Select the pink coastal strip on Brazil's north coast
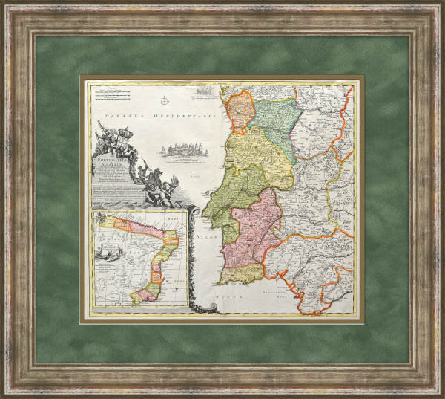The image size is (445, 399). (122, 221)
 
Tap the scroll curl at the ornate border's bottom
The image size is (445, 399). (195, 305)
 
